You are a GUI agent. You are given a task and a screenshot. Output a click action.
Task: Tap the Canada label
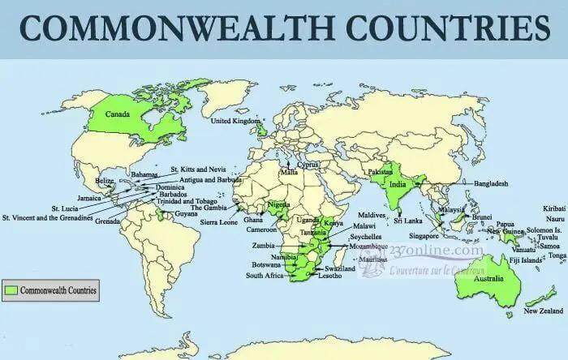[x=118, y=114]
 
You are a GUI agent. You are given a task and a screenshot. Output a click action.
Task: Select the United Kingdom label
[x=236, y=122]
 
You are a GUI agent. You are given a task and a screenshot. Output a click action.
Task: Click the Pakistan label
[x=380, y=174]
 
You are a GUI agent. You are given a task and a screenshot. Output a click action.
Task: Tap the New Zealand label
[x=543, y=311]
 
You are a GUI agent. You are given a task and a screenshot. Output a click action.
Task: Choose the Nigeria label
[x=278, y=205]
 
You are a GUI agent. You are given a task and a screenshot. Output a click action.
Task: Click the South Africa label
[x=265, y=276]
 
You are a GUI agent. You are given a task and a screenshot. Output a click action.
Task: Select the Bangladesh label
[x=491, y=184]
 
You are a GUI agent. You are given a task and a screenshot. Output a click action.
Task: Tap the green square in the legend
[x=11, y=289]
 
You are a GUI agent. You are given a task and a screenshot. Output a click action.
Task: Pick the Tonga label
[x=557, y=255]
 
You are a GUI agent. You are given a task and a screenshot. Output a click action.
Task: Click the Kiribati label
[x=553, y=208]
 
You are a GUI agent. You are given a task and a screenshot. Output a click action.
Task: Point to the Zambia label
[x=264, y=244]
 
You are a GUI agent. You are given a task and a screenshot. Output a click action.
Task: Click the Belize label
[x=105, y=181]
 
